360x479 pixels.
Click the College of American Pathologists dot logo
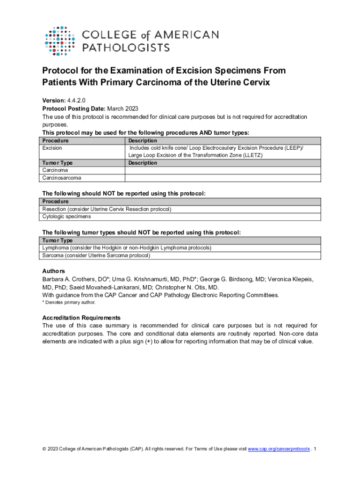tap(60, 40)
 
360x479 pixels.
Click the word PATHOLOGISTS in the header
tap(126, 47)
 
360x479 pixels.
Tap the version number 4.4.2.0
tap(76, 100)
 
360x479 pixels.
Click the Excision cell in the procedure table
tap(52, 148)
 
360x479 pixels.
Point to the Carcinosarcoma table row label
tap(61, 178)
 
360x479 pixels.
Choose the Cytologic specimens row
tap(66, 217)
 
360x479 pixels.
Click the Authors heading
tap(54, 271)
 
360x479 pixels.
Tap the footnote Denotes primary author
tap(71, 303)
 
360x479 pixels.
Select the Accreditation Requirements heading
tap(81, 318)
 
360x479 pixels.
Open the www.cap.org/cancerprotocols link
tap(278, 449)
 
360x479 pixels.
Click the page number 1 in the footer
tap(316, 449)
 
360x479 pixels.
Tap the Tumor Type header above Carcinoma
tap(58, 163)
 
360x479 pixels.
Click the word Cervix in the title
tap(253, 82)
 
